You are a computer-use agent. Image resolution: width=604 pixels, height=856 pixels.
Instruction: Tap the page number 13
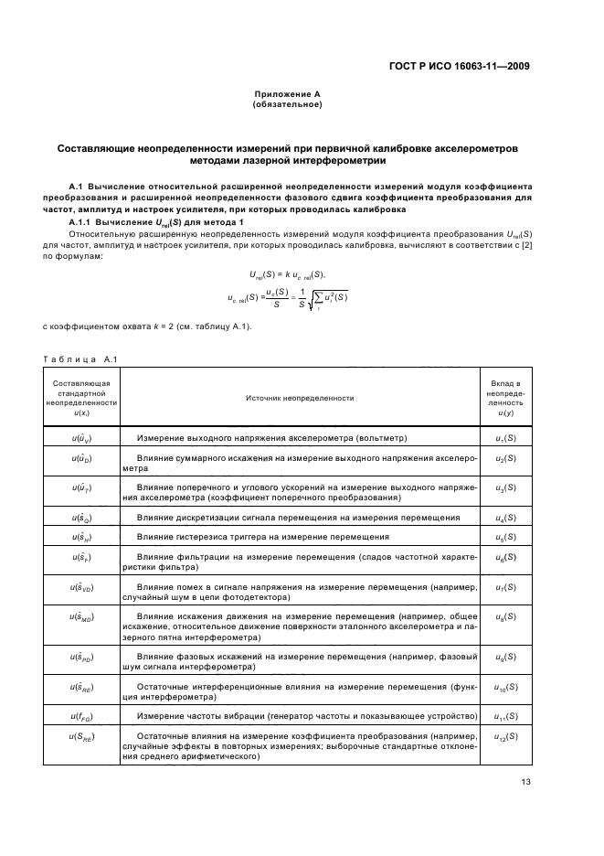pos(525,781)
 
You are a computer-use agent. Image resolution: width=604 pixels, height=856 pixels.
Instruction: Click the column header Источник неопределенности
pos(300,398)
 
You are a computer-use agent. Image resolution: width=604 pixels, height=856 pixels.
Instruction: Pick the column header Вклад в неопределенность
pos(504,398)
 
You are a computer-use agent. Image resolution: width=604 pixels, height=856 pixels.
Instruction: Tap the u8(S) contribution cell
pos(505,618)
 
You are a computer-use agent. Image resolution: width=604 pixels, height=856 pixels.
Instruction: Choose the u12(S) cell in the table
pos(505,736)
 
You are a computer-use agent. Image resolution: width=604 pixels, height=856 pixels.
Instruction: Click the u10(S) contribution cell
pos(505,687)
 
